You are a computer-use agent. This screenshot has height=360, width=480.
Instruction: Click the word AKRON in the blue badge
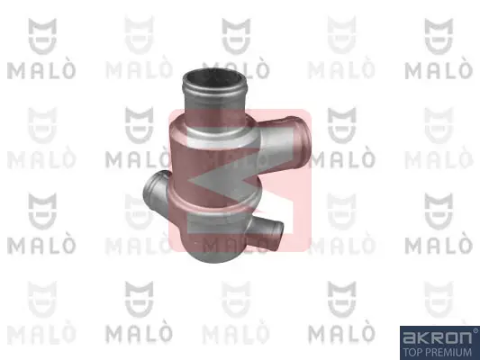click(437, 337)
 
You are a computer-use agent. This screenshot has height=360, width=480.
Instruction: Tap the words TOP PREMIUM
click(438, 352)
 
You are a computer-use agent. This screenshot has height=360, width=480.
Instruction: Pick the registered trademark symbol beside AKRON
click(475, 330)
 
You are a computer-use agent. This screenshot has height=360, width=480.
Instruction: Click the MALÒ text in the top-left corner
click(41, 70)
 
